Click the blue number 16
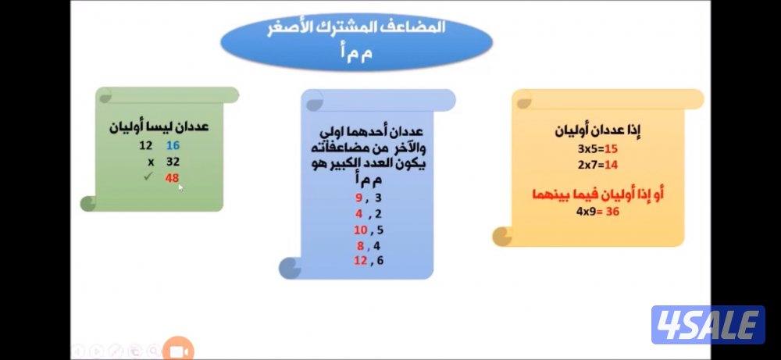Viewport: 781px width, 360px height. [173, 146]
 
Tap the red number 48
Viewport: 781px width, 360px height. [173, 178]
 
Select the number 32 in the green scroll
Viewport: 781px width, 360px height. [173, 162]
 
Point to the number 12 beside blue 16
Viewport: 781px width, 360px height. [145, 146]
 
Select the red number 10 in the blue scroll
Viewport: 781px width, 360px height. [360, 230]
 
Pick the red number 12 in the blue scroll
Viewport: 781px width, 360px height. [360, 261]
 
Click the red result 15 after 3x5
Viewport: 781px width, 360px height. [611, 149]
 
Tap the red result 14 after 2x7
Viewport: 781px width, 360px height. [611, 165]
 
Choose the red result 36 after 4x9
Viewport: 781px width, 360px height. [612, 211]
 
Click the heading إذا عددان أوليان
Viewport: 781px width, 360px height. [597, 130]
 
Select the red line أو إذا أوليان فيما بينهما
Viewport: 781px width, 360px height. [597, 194]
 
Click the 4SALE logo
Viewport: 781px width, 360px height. [708, 325]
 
